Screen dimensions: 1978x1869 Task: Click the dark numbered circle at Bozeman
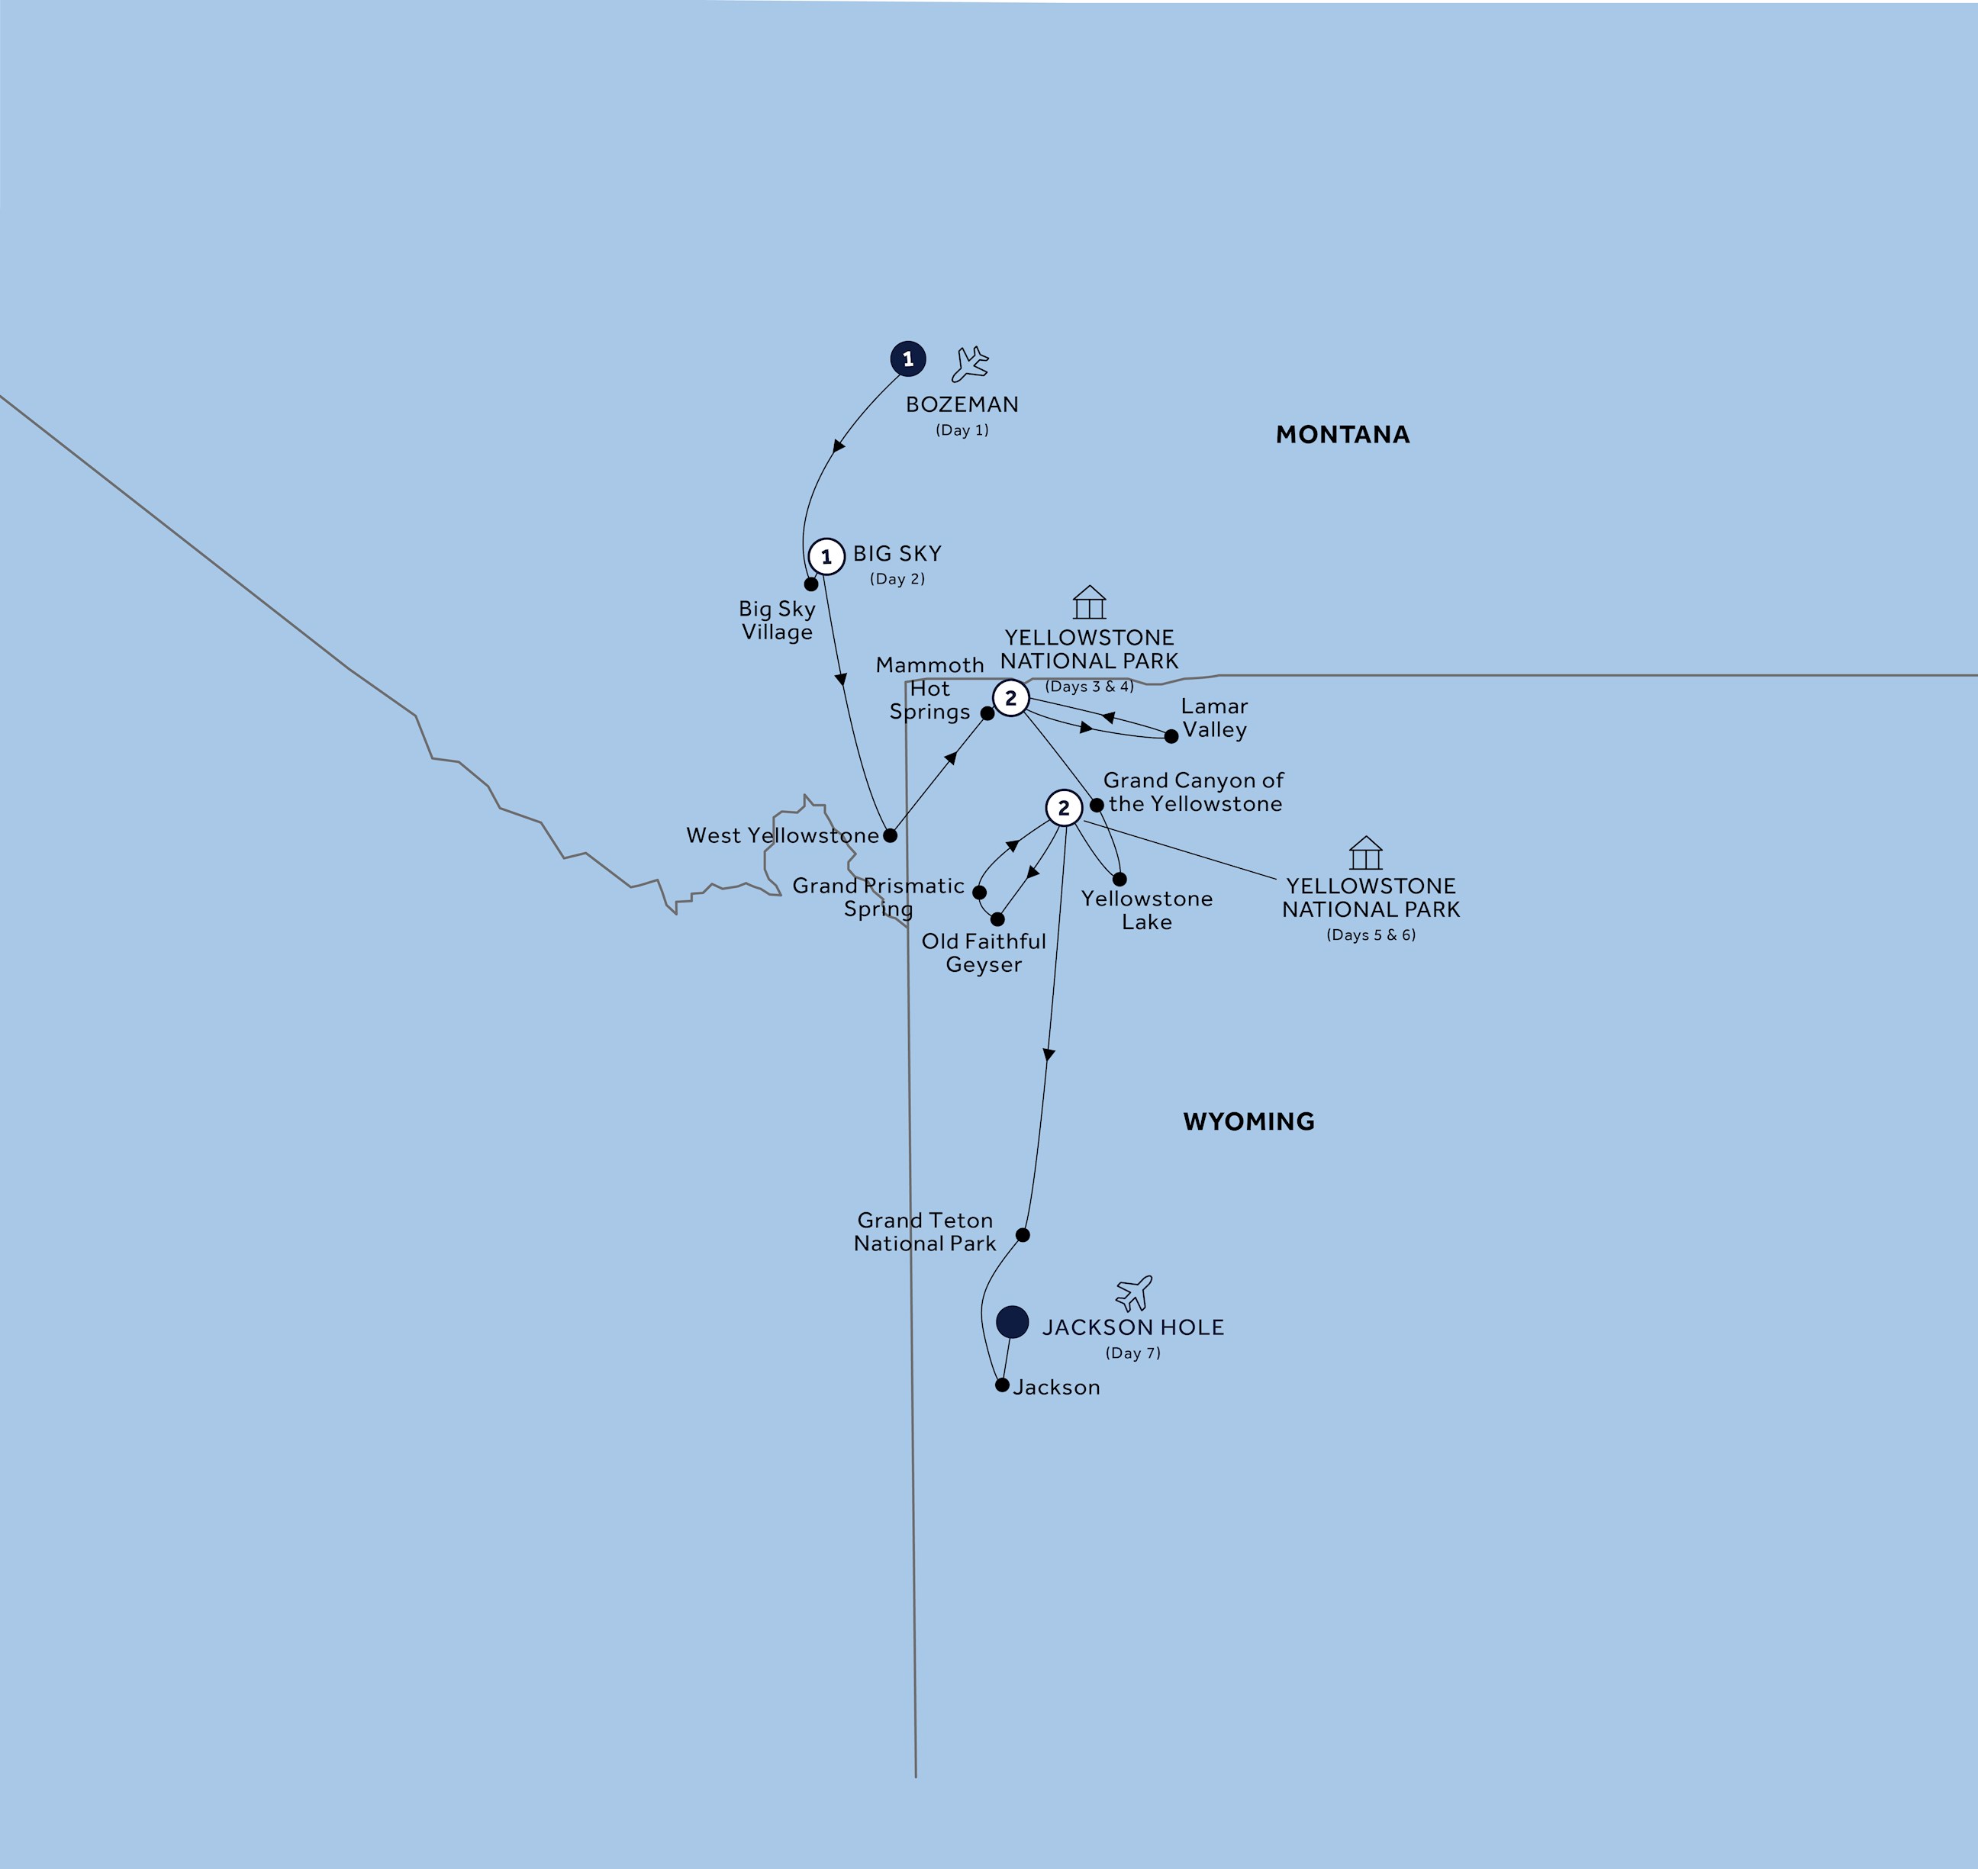pyautogui.click(x=908, y=359)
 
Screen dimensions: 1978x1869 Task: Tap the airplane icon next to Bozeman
pyautogui.click(x=970, y=365)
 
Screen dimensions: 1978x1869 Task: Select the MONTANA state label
pyautogui.click(x=1342, y=434)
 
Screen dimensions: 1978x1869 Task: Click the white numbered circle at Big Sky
pyautogui.click(x=826, y=557)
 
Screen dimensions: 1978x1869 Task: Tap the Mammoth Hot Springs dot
pyautogui.click(x=987, y=713)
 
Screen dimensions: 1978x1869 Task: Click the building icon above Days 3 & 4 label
pyautogui.click(x=1089, y=602)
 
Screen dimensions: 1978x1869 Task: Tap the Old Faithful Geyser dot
pyautogui.click(x=997, y=919)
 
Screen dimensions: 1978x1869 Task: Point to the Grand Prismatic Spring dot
pyautogui.click(x=980, y=893)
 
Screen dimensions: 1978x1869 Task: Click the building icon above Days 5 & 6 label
pyautogui.click(x=1365, y=853)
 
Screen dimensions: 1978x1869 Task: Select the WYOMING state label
pyautogui.click(x=1248, y=1122)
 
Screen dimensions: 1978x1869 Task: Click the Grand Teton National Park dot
pyautogui.click(x=1023, y=1235)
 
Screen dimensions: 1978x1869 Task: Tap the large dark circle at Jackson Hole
pyautogui.click(x=1013, y=1322)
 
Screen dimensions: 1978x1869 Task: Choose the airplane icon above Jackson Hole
pyautogui.click(x=1134, y=1293)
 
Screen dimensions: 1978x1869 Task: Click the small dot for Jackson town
pyautogui.click(x=1003, y=1385)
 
